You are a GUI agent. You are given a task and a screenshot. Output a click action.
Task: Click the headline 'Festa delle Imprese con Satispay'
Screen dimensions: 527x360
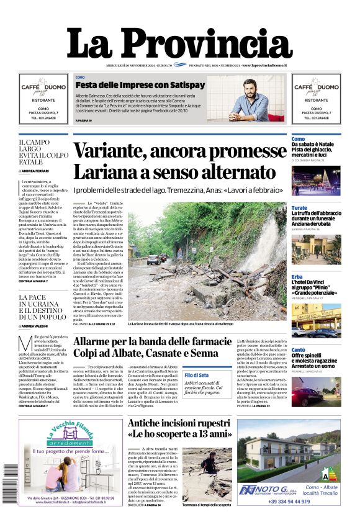(x=140, y=84)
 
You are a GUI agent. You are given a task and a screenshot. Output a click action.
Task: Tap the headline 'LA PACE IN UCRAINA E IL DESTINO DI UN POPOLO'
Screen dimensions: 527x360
(x=43, y=307)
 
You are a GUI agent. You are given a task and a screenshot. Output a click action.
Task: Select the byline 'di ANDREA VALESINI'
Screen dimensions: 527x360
(x=38, y=326)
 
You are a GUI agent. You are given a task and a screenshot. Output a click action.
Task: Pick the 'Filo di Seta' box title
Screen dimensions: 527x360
(x=197, y=375)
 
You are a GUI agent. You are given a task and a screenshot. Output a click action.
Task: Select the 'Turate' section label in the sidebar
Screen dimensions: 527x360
(x=299, y=208)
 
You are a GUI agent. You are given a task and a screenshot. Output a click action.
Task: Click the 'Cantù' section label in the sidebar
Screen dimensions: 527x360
(x=299, y=351)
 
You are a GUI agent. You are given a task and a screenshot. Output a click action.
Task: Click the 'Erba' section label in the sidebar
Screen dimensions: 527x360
(x=297, y=277)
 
